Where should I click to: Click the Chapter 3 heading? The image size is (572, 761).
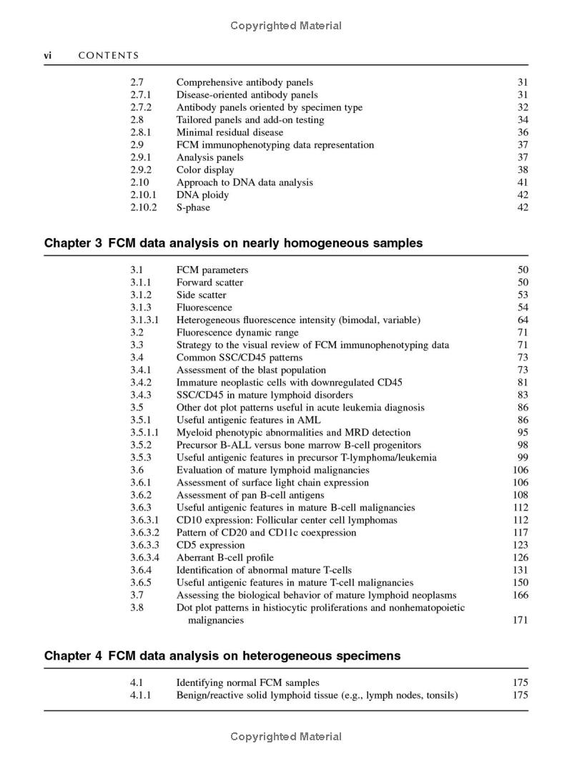[233, 243]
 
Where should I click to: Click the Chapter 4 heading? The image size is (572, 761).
[222, 656]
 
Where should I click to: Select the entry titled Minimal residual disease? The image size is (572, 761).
[230, 132]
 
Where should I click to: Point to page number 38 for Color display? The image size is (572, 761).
[523, 170]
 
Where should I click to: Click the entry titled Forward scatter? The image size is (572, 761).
[209, 283]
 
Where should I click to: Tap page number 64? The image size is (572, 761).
[523, 320]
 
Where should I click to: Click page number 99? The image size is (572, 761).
[523, 458]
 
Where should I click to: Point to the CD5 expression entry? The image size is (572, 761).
[210, 545]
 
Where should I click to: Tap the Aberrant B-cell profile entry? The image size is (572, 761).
[225, 558]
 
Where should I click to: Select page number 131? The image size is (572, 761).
[521, 570]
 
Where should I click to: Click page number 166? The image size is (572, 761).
[521, 595]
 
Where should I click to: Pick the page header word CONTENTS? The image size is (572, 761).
[108, 56]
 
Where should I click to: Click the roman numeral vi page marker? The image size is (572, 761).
[49, 56]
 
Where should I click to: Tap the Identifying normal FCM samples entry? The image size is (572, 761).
[248, 683]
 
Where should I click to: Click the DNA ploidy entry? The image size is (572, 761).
[203, 195]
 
